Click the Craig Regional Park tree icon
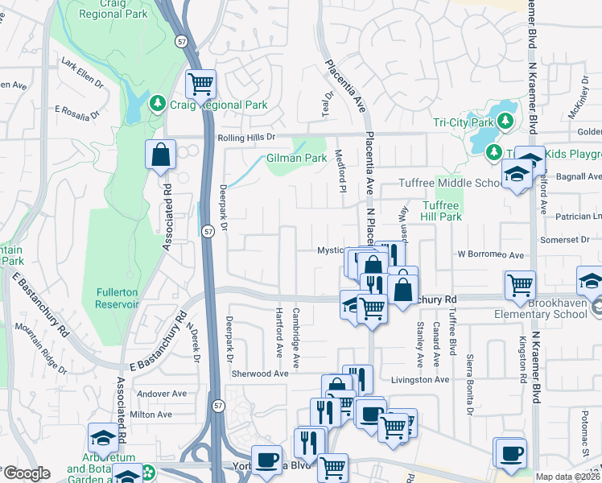[157, 105]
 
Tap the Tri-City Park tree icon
[505, 122]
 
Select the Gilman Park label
[297, 159]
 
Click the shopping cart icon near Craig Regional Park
[200, 82]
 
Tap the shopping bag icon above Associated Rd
[161, 153]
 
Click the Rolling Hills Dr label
[246, 138]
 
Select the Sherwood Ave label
[259, 374]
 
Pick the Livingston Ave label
[419, 379]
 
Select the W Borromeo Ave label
[491, 254]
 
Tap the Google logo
[26, 473]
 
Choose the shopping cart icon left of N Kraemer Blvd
[520, 283]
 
